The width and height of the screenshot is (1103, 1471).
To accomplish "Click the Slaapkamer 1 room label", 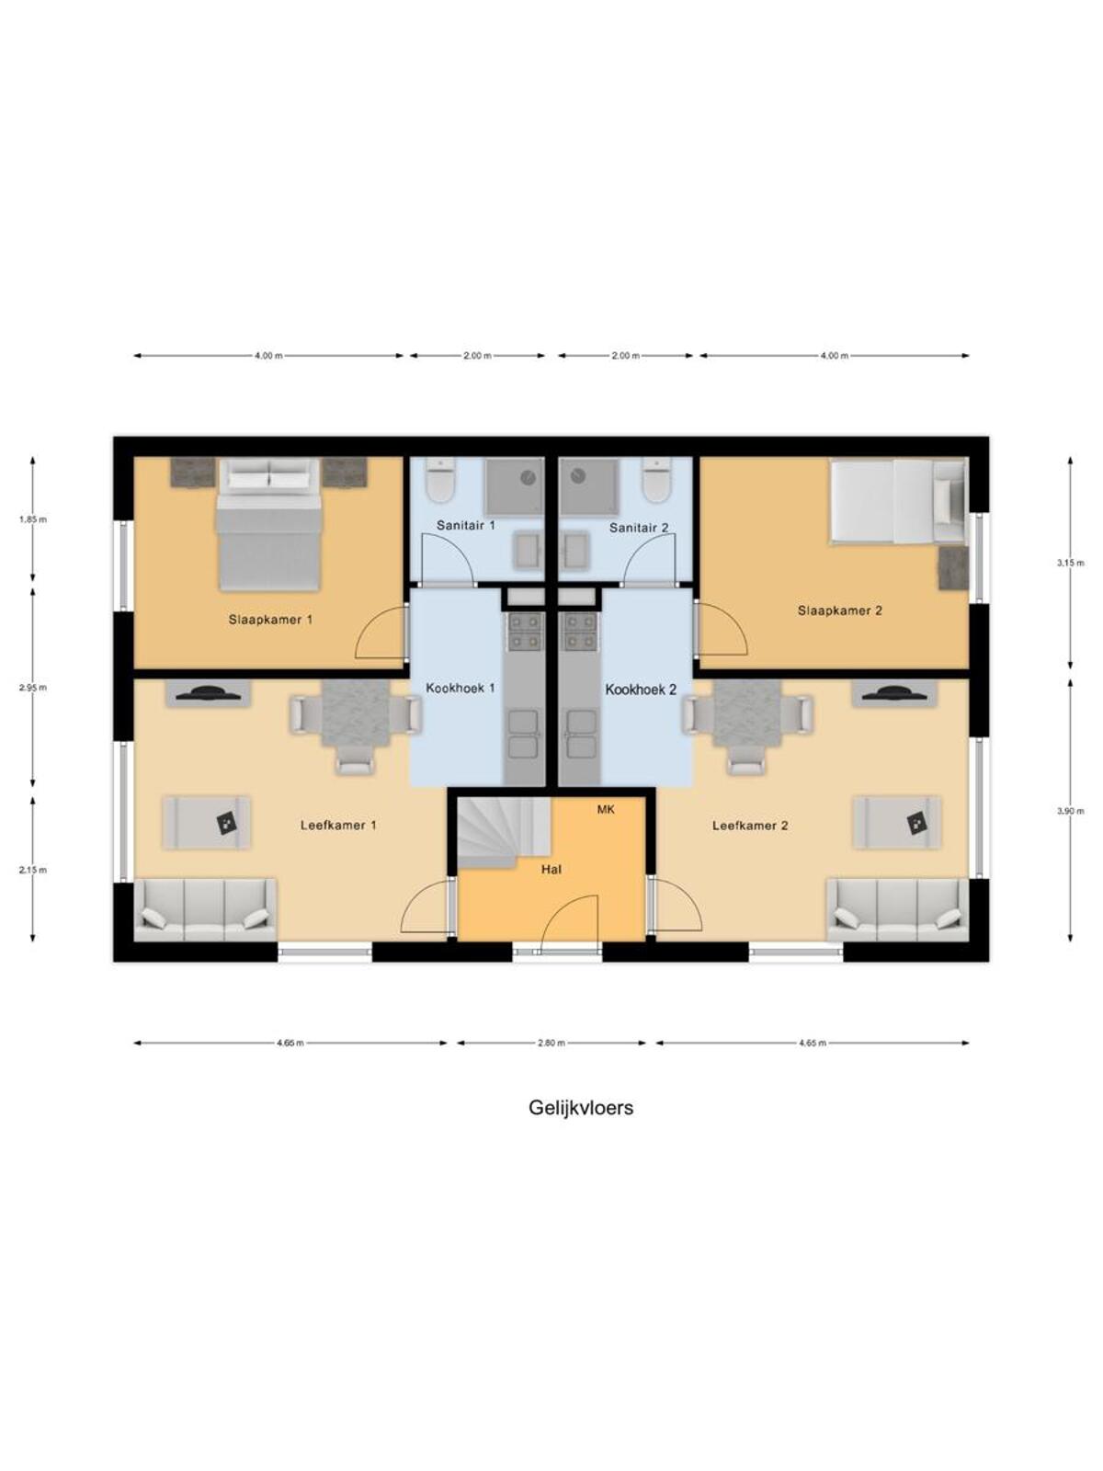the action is [x=270, y=620].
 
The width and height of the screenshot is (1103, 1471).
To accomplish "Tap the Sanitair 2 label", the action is [x=638, y=528].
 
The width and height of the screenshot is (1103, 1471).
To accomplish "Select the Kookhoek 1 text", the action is [x=461, y=689].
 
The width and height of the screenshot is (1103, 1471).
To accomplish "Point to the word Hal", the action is [x=551, y=870].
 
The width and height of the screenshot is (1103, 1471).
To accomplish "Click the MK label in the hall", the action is [x=606, y=810].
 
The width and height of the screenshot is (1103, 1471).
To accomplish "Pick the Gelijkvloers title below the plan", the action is [x=581, y=1108].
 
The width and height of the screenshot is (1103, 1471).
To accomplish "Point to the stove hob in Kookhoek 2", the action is [x=580, y=632].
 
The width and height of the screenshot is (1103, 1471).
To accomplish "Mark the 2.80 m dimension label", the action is [x=551, y=1043].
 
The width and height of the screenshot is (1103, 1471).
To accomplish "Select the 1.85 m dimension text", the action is [x=33, y=519].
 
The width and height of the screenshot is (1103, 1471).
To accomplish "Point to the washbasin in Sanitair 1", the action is [x=529, y=550].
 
